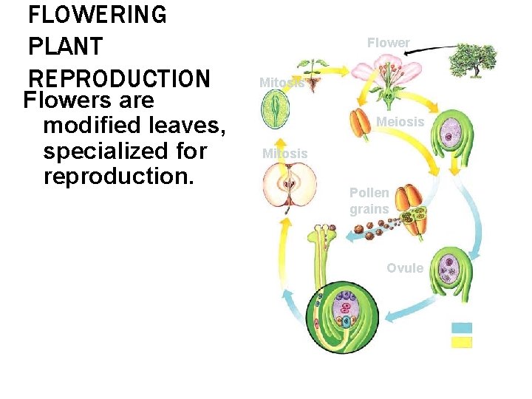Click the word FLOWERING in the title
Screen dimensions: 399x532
[97, 14]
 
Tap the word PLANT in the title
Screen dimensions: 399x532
[64, 47]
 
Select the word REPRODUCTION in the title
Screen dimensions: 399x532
[119, 78]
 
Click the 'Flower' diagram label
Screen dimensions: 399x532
[388, 43]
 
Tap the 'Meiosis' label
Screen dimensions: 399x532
[400, 121]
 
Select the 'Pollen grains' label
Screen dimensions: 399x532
[369, 201]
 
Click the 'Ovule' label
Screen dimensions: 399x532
[405, 267]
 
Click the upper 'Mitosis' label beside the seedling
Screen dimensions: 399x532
[282, 83]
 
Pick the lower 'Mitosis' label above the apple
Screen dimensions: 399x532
[284, 154]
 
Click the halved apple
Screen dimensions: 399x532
[290, 185]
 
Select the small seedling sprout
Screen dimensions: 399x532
[314, 73]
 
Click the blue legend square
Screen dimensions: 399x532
[461, 328]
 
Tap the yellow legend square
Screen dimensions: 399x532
[461, 342]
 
